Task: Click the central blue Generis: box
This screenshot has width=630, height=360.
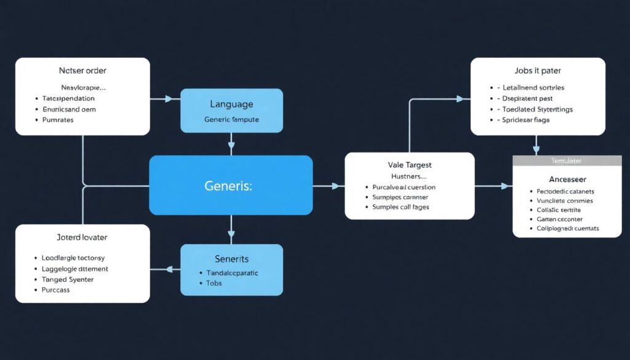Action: [231, 185]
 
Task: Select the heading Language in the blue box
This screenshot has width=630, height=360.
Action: [231, 105]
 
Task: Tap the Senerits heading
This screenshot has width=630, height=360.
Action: [231, 259]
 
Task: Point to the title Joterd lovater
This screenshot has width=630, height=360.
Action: [82, 237]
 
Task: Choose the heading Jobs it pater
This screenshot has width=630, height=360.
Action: [538, 71]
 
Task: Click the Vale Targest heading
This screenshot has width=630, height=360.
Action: [409, 165]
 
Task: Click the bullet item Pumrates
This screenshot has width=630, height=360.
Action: [58, 120]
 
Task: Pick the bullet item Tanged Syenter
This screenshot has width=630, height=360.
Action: [68, 279]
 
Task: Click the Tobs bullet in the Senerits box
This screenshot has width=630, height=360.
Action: [214, 283]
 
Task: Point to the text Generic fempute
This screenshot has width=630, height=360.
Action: [231, 119]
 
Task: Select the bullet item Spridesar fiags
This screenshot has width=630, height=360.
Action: [526, 120]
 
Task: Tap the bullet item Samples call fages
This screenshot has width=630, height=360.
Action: [401, 207]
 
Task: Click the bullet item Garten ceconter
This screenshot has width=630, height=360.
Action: [559, 219]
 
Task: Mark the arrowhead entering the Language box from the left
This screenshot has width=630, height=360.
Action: [176, 98]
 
